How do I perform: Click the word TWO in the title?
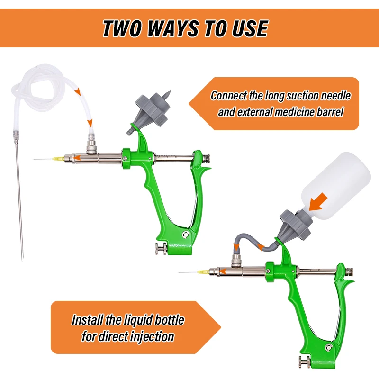pos(123,28)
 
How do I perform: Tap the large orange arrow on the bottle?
pos(318,203)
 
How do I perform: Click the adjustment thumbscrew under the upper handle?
pos(161,248)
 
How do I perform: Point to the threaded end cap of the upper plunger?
pos(206,159)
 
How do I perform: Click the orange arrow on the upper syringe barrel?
pos(77,158)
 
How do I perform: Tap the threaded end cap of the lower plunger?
pos(349,271)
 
